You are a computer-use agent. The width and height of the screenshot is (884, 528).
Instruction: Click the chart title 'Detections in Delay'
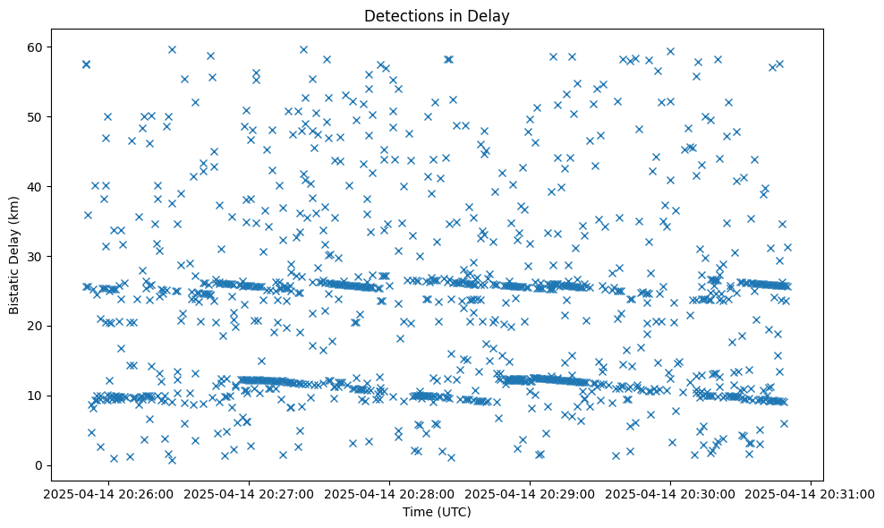point(437,15)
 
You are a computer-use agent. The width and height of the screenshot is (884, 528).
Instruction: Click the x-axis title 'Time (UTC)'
point(437,512)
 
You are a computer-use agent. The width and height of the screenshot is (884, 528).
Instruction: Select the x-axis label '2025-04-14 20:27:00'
point(250,493)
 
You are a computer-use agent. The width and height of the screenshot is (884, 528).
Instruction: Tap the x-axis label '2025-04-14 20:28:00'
point(390,493)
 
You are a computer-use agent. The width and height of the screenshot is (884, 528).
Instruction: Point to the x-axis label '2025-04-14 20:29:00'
point(531,493)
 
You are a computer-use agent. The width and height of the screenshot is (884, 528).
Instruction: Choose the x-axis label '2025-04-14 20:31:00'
point(812,493)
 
